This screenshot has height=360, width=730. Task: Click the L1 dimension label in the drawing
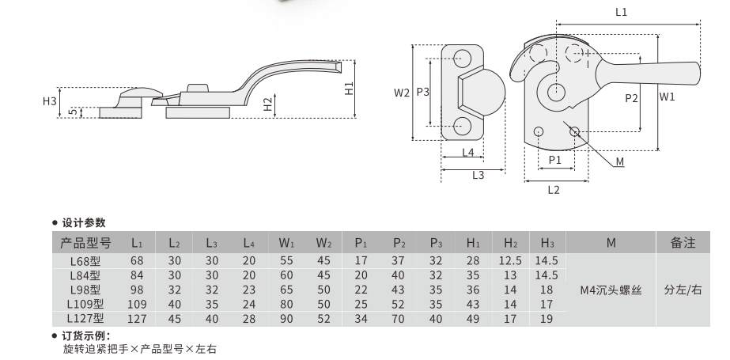621,12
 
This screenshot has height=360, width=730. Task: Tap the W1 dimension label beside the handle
667,98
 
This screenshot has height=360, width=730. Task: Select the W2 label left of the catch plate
402,93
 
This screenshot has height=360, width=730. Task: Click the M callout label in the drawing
619,161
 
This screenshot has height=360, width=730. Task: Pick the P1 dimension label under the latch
554,159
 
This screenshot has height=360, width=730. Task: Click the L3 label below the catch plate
478,176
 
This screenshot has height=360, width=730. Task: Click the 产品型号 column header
85,244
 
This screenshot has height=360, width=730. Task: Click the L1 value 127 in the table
138,318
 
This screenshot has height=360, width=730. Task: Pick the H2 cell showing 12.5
509,260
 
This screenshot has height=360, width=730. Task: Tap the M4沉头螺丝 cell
611,290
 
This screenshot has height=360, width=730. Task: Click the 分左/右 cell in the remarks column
683,290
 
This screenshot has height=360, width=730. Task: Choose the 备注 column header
683,244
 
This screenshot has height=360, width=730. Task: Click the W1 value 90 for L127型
286,318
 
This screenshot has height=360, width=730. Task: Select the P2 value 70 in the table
399,318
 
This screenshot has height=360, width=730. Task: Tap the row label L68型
85,260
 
